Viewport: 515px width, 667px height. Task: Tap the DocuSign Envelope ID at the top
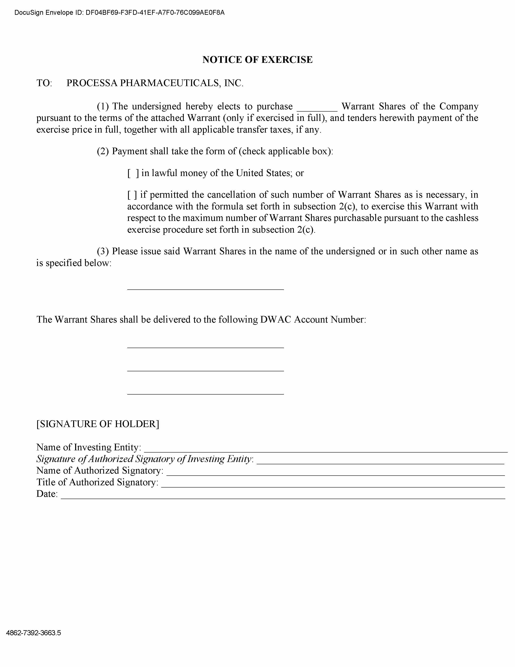[119, 13]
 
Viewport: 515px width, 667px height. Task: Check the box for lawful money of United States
[133, 173]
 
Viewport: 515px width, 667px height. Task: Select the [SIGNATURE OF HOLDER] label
[98, 424]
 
